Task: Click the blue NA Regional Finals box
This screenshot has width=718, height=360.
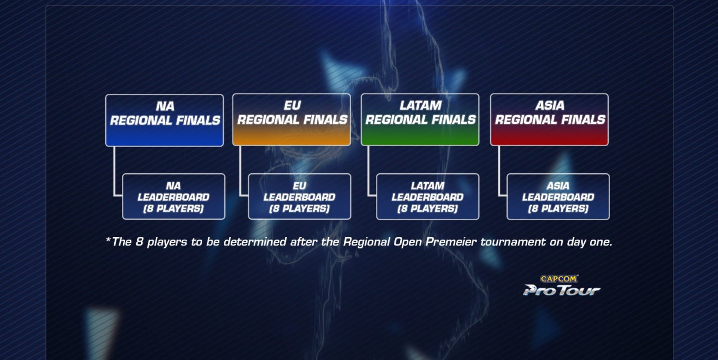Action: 164,120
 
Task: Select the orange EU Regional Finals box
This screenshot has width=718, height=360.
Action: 292,120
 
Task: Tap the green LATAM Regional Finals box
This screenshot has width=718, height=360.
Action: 420,120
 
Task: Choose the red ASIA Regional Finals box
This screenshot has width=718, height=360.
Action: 549,120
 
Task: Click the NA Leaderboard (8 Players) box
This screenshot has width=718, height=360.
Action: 174,197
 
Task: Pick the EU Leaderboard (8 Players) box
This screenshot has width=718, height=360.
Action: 300,197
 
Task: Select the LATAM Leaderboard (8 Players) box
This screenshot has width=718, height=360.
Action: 427,197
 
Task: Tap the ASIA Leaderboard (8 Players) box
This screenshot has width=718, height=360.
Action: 558,197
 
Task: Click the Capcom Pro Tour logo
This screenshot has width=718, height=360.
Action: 561,286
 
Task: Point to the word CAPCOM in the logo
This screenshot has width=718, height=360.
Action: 559,279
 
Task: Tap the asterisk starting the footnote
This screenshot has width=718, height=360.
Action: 108,240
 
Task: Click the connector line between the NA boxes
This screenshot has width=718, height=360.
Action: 115,171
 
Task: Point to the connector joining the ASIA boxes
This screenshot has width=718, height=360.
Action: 499,171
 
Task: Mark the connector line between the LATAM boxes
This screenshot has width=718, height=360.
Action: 369,171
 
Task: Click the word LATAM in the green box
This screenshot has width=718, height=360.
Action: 420,106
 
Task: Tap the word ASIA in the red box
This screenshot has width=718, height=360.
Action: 550,106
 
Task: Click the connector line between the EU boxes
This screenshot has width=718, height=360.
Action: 241,171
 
